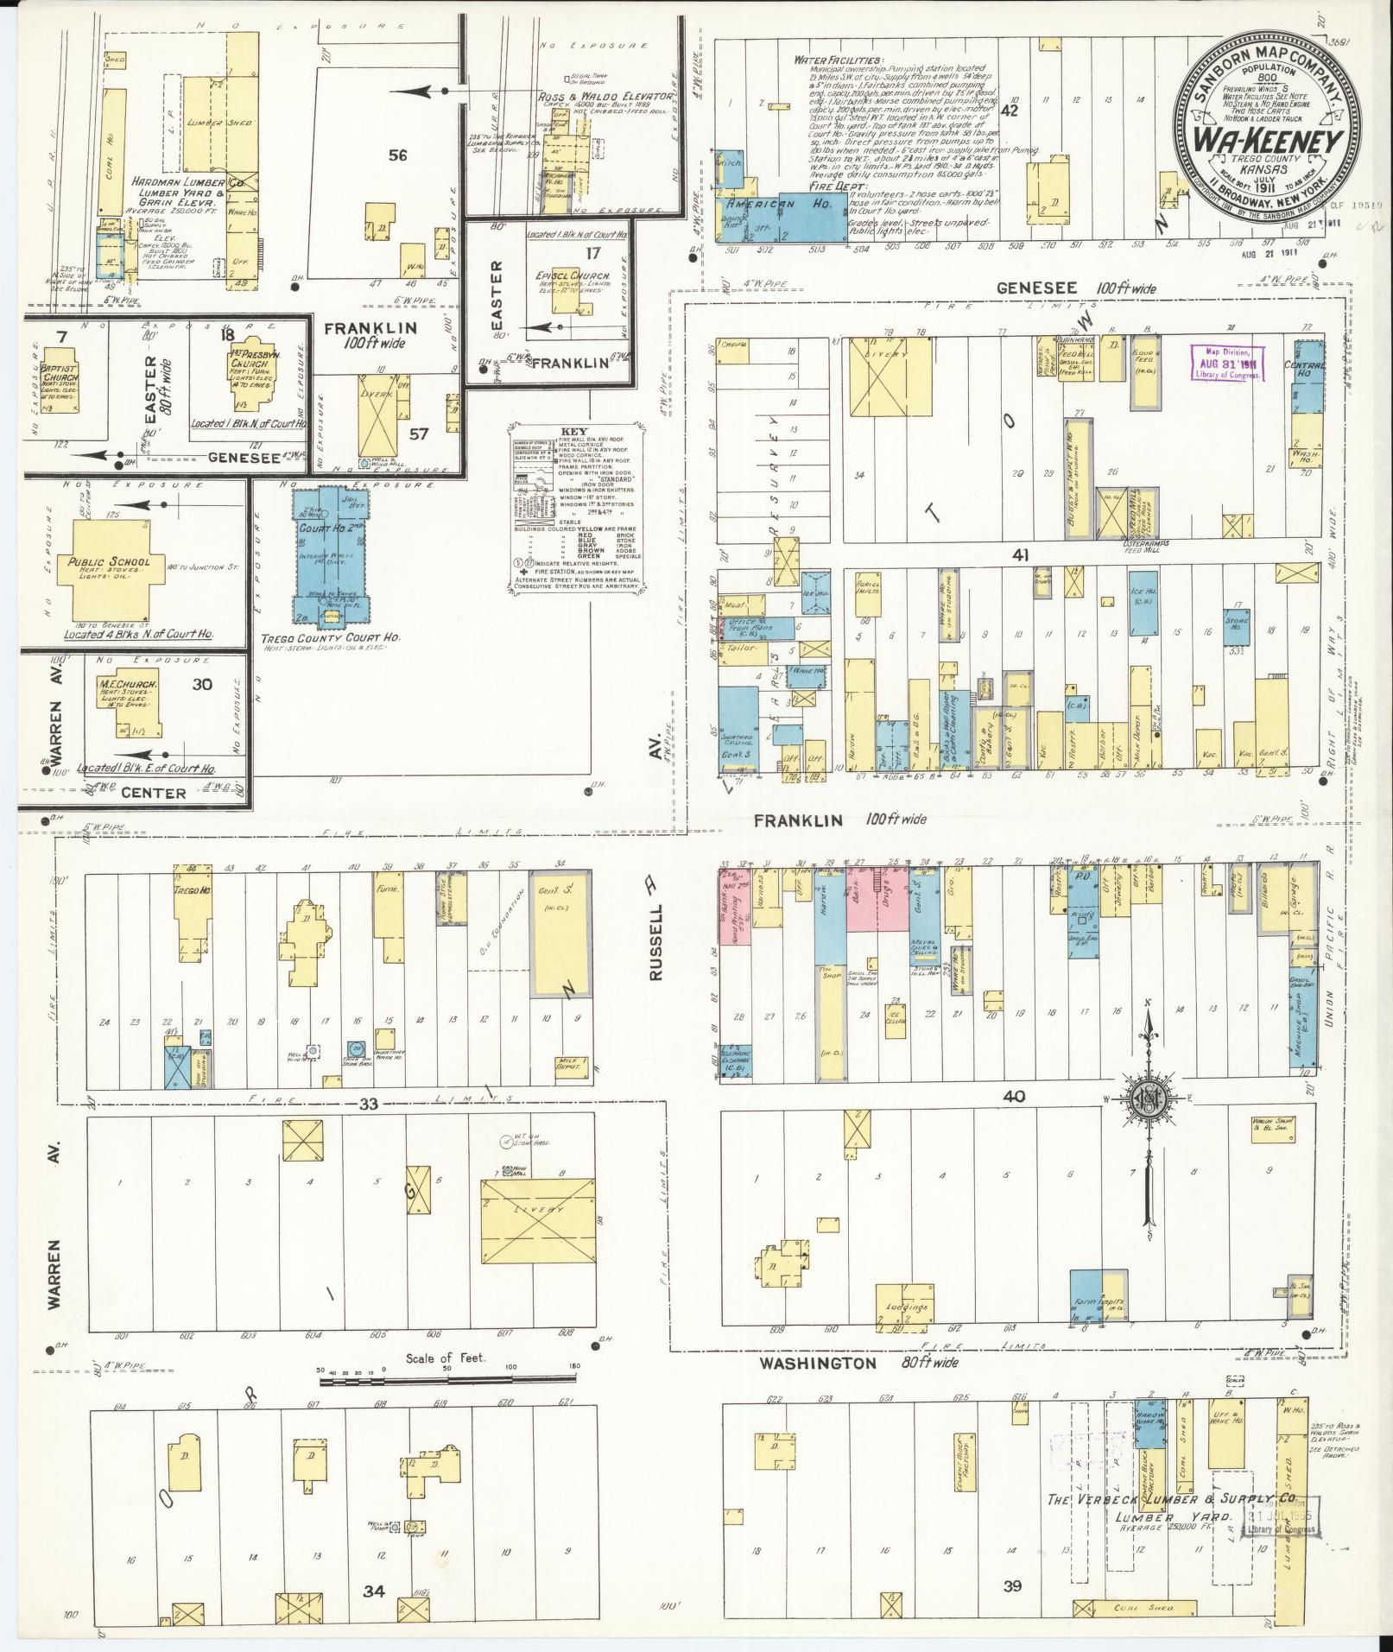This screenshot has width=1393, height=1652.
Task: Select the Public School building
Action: pos(108,565)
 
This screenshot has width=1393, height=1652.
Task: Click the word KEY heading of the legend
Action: pos(573,431)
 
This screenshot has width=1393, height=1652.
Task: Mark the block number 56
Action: pos(397,155)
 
